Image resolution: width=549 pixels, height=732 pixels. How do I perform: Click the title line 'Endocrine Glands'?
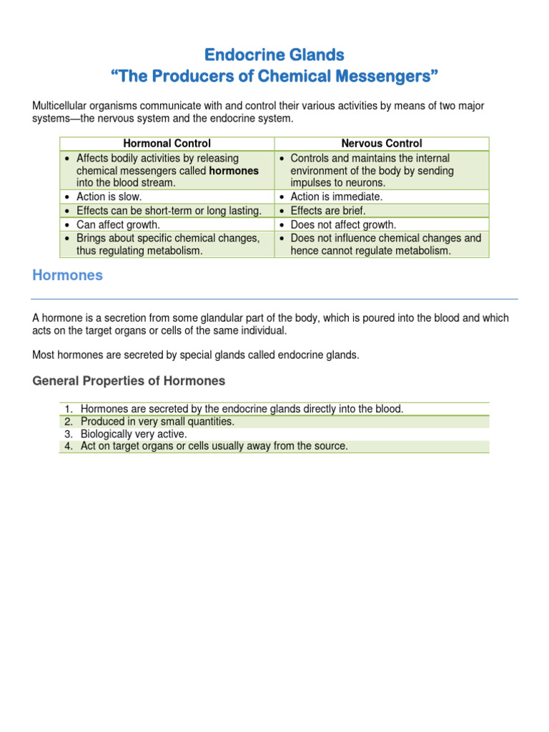(274, 54)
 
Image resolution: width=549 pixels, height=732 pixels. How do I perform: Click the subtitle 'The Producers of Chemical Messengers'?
(274, 76)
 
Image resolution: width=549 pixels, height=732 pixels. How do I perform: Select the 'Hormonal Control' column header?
(167, 144)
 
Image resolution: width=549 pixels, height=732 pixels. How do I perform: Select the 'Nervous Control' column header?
(382, 144)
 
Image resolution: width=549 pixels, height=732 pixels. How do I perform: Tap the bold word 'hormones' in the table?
(234, 171)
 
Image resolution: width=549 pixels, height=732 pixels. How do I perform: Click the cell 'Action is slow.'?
(109, 197)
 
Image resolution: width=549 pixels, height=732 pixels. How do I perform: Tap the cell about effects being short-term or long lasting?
(169, 211)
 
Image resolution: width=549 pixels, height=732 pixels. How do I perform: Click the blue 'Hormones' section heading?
(67, 276)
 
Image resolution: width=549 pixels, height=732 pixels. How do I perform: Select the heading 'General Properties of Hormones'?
(129, 380)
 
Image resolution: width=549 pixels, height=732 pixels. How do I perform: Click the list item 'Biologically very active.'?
(134, 434)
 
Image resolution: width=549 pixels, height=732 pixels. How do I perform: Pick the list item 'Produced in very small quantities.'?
(157, 422)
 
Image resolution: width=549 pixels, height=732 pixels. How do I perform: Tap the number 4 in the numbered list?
(69, 446)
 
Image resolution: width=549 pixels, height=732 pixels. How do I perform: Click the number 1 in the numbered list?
(69, 409)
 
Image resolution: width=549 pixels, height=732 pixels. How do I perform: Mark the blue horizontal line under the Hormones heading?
(274, 299)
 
